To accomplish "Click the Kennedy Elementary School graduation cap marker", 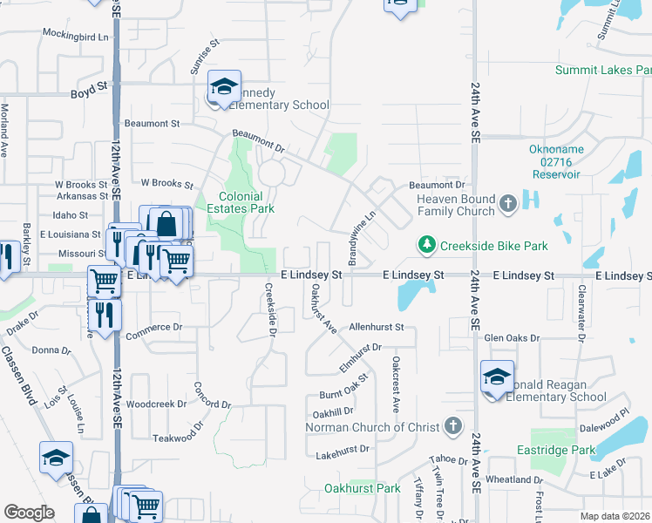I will [x=224, y=87].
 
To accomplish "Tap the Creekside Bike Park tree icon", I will [x=426, y=246].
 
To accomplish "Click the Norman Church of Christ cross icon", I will [x=452, y=427].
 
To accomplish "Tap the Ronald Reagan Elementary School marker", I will [x=497, y=378].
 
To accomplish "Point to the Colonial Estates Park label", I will [x=240, y=202].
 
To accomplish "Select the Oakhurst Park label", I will [x=362, y=488].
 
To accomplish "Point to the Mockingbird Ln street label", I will [x=76, y=37].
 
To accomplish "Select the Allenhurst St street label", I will [x=377, y=327].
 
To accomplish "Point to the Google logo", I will [x=29, y=512].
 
